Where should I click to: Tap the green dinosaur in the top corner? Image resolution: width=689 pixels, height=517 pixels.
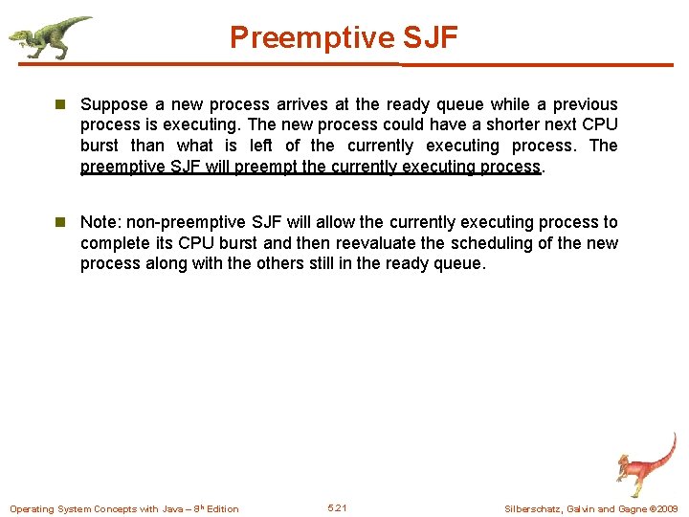pos(48,36)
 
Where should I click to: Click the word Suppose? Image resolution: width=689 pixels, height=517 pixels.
pos(113,104)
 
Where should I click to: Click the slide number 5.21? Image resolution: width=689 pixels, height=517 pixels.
pos(337,507)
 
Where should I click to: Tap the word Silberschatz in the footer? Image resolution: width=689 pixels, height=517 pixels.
pos(532,508)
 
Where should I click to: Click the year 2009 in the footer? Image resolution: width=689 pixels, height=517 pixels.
pos(667,508)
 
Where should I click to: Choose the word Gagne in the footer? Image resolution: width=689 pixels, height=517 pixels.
pos(631,508)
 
